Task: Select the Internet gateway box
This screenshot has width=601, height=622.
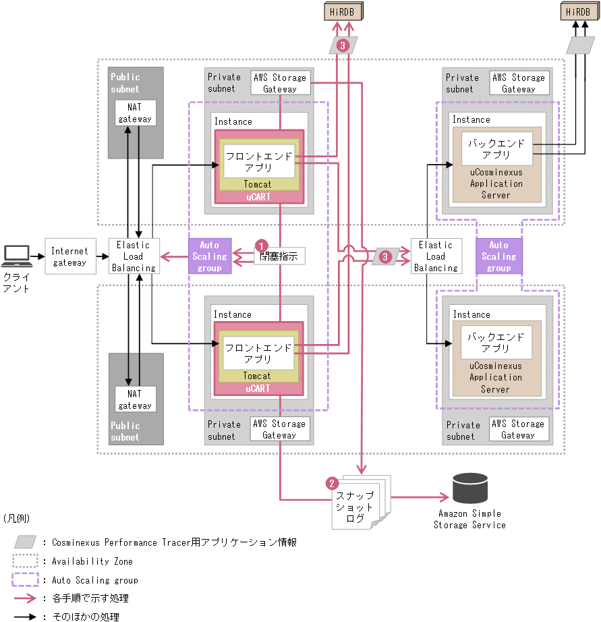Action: click(69, 256)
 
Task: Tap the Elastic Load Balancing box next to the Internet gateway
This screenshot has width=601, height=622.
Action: click(133, 256)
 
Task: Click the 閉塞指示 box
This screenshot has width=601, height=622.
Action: click(279, 256)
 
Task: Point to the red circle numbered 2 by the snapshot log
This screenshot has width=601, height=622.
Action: click(331, 483)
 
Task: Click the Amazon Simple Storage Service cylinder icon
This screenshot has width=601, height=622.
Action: click(470, 488)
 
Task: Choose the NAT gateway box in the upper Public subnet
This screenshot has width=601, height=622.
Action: click(136, 113)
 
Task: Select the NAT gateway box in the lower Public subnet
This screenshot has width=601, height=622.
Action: click(136, 399)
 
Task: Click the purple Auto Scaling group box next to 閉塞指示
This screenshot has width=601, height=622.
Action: click(210, 256)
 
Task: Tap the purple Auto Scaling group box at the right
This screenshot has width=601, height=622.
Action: click(498, 256)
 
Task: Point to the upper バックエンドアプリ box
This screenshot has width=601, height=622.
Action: click(496, 149)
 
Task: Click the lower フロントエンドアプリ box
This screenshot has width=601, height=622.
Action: click(258, 353)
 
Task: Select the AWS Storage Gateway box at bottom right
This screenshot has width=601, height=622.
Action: click(518, 429)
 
